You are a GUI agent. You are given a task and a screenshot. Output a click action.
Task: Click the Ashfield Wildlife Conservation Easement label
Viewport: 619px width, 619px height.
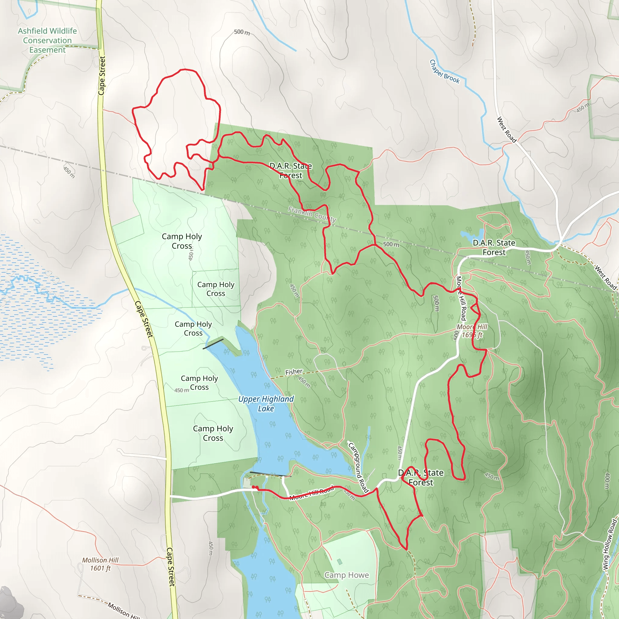pyautogui.click(x=47, y=41)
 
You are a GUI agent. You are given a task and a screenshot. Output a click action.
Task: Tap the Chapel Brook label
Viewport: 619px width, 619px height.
pyautogui.click(x=444, y=71)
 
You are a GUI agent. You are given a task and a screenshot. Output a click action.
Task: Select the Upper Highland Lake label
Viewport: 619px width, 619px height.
pyautogui.click(x=266, y=403)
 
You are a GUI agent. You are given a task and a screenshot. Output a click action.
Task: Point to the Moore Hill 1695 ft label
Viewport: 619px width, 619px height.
pyautogui.click(x=472, y=331)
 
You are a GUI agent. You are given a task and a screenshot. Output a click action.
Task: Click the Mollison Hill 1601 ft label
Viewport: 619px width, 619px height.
pyautogui.click(x=100, y=564)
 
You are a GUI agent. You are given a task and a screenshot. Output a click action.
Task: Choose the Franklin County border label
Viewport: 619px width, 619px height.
pyautogui.click(x=312, y=214)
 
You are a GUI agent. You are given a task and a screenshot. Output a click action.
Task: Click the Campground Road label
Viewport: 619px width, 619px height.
pyautogui.click(x=358, y=467)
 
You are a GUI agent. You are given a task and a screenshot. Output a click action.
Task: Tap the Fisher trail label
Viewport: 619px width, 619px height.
pyautogui.click(x=294, y=372)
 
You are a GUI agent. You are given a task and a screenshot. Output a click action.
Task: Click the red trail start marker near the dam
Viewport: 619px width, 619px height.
pyautogui.click(x=254, y=487)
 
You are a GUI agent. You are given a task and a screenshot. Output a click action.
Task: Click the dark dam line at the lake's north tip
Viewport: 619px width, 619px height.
pyautogui.click(x=213, y=344)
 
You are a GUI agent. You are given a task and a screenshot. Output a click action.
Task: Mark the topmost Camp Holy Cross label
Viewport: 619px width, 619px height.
pyautogui.click(x=182, y=241)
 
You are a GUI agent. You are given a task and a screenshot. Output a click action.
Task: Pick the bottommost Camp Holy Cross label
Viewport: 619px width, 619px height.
pyautogui.click(x=213, y=433)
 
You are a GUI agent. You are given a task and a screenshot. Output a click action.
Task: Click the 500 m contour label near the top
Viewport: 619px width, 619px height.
pyautogui.click(x=241, y=32)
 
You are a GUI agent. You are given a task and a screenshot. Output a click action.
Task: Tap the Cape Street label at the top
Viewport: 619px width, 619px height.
pyautogui.click(x=102, y=76)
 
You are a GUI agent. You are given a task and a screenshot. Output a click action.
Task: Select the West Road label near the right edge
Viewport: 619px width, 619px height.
pyautogui.click(x=605, y=277)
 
